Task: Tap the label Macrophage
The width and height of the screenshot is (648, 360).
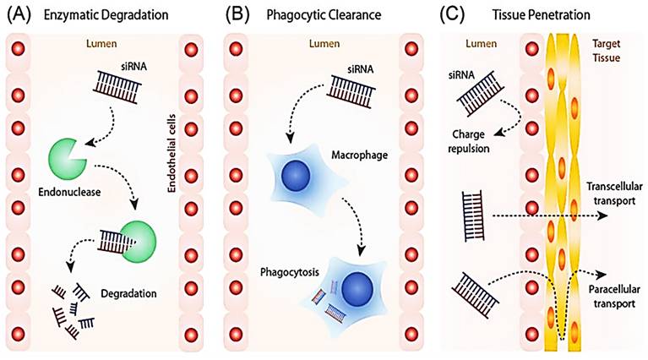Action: click(365, 155)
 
